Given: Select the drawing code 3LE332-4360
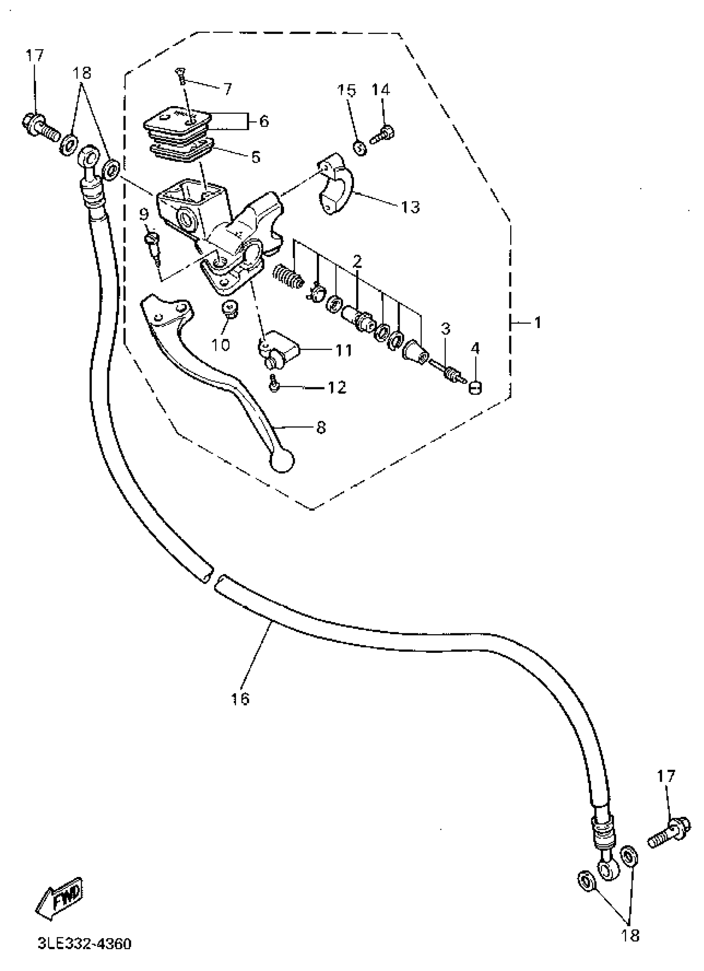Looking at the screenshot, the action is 84,944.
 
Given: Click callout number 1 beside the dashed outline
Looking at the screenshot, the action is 538,322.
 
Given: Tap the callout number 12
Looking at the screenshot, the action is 336,387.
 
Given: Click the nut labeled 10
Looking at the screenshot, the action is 231,309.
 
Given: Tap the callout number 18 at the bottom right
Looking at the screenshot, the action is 630,935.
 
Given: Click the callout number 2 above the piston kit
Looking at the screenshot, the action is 357,261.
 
